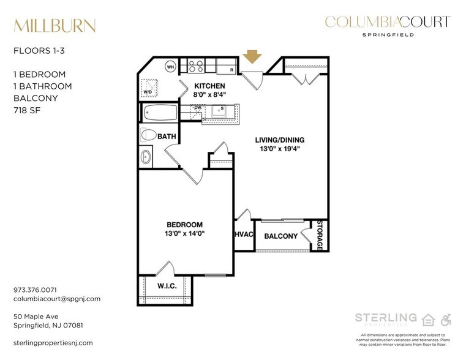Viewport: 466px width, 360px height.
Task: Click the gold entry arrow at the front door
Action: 252,57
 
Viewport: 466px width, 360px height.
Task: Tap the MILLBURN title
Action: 54,26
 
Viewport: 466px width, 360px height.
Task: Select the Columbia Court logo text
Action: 387,23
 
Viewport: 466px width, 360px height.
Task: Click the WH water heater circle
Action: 171,67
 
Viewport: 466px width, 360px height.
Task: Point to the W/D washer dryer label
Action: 148,92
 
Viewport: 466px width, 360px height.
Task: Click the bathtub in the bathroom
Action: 160,113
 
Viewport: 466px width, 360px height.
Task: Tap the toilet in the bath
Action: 149,135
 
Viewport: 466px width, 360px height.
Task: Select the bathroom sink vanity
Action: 146,157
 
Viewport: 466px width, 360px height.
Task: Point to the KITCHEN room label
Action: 209,86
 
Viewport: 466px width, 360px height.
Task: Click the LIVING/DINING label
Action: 279,140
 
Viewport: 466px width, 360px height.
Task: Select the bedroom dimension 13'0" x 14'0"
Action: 184,233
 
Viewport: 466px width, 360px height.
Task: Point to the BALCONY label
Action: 280,236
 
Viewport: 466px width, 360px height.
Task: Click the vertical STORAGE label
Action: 320,235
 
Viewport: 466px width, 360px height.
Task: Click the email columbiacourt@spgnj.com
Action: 57,299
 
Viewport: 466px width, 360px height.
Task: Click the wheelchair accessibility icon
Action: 446,319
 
